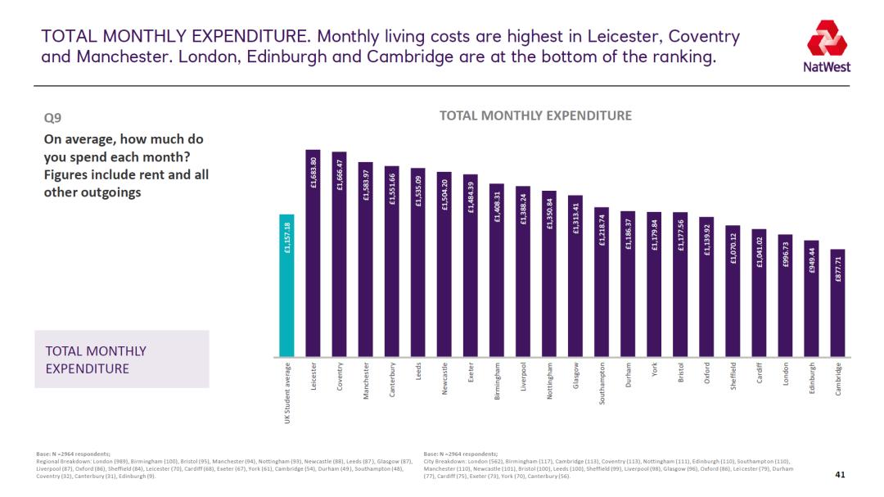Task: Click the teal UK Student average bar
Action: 286,287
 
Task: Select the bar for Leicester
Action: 313,254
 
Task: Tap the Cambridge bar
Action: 837,303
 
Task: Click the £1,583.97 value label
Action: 366,184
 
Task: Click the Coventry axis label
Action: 340,377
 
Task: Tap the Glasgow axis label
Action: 576,377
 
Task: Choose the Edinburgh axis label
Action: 812,379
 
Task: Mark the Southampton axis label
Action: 602,383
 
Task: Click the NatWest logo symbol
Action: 822,38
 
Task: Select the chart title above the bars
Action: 535,115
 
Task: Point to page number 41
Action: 839,475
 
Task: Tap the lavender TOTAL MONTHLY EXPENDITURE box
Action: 121,359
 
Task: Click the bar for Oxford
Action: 706,287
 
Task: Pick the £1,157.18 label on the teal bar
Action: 287,237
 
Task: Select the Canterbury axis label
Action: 392,379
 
